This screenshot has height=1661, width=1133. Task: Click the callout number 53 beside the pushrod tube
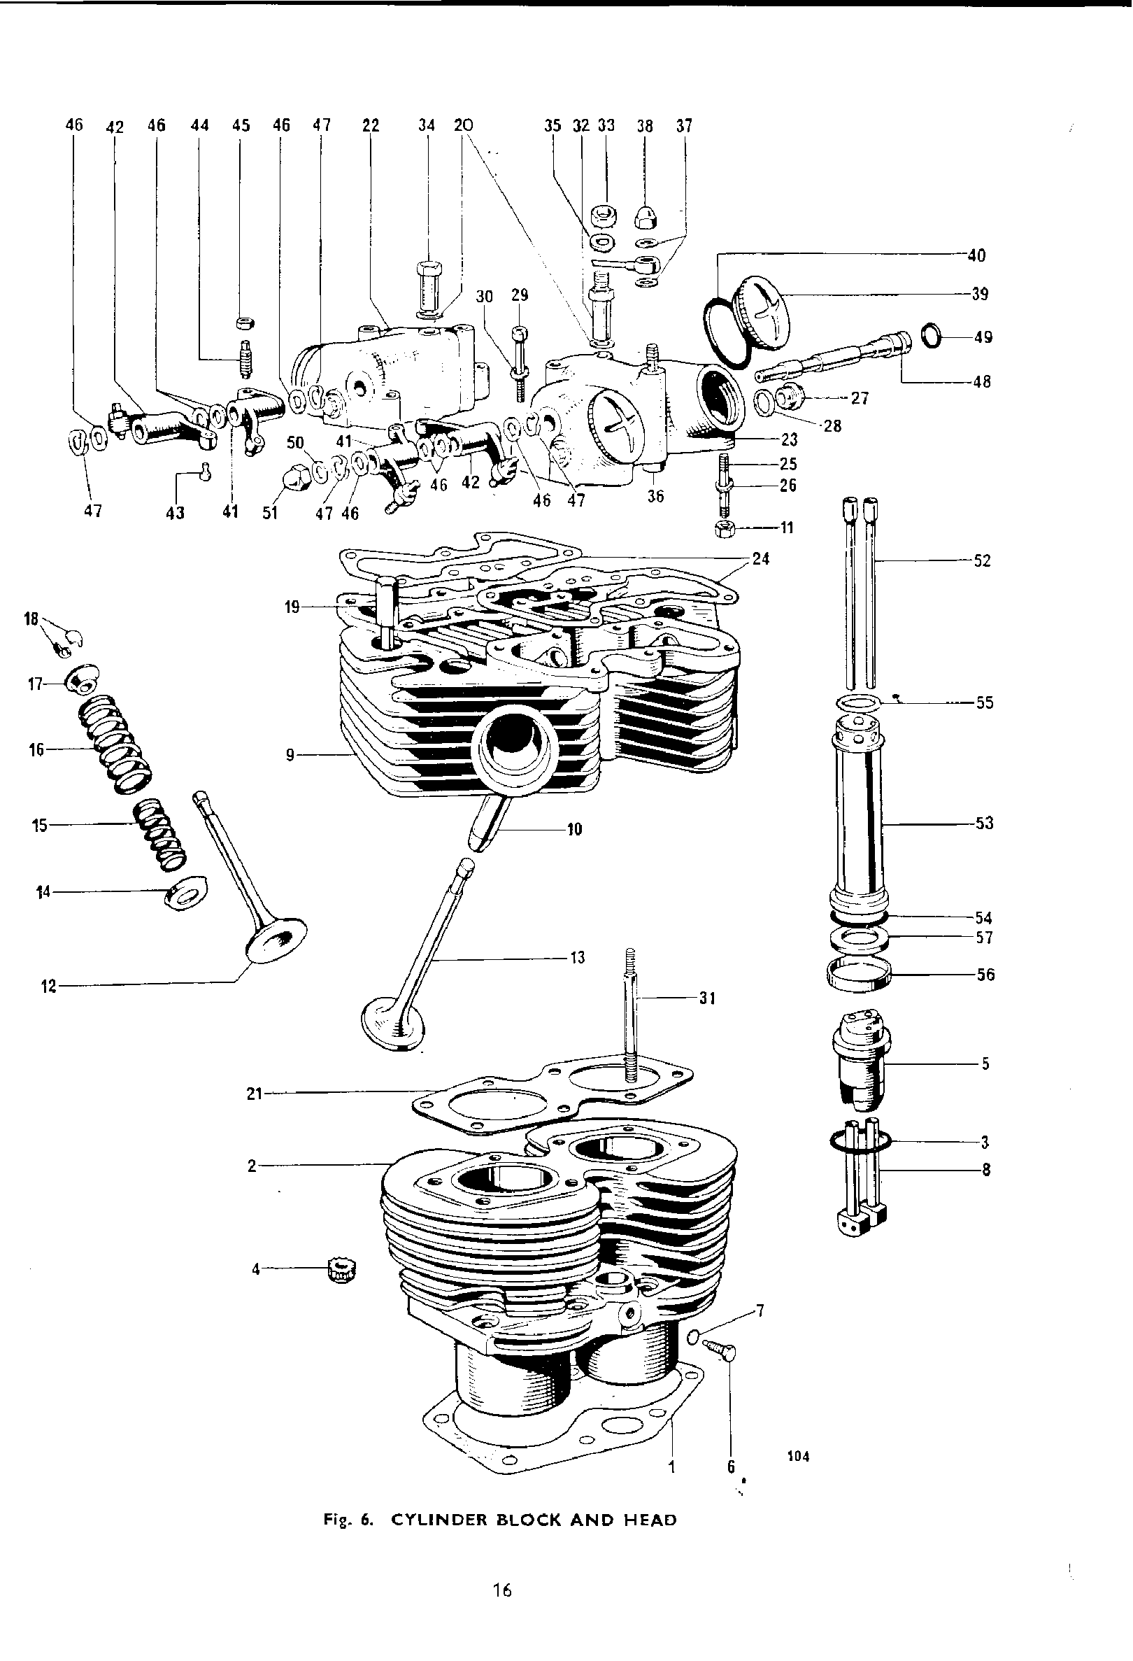(984, 824)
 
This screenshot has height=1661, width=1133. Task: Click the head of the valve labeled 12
(276, 940)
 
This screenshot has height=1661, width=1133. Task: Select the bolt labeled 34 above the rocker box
(428, 286)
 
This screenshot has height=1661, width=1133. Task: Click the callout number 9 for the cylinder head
(290, 755)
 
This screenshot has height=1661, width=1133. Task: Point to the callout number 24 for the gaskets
(761, 558)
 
